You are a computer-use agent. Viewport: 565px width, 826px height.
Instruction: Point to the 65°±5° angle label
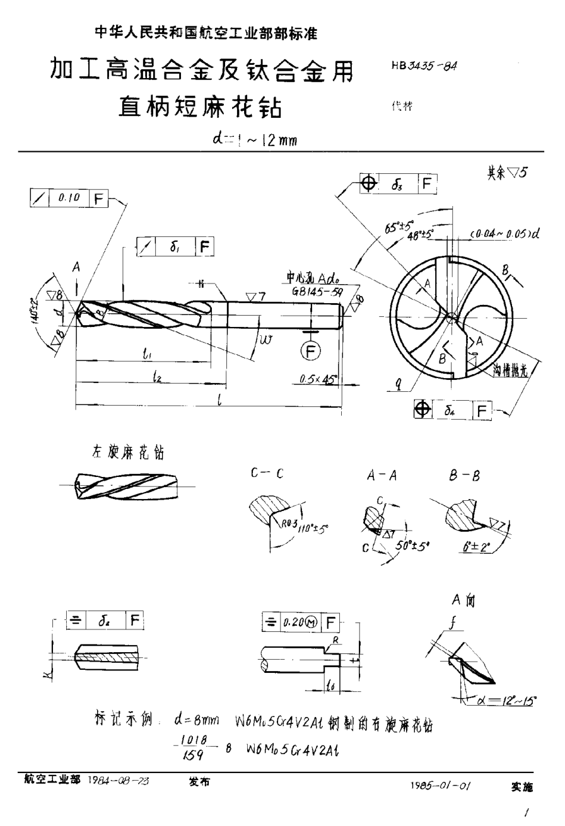[x=393, y=225]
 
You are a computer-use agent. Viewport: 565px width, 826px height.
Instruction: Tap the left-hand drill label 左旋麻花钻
[x=120, y=452]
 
